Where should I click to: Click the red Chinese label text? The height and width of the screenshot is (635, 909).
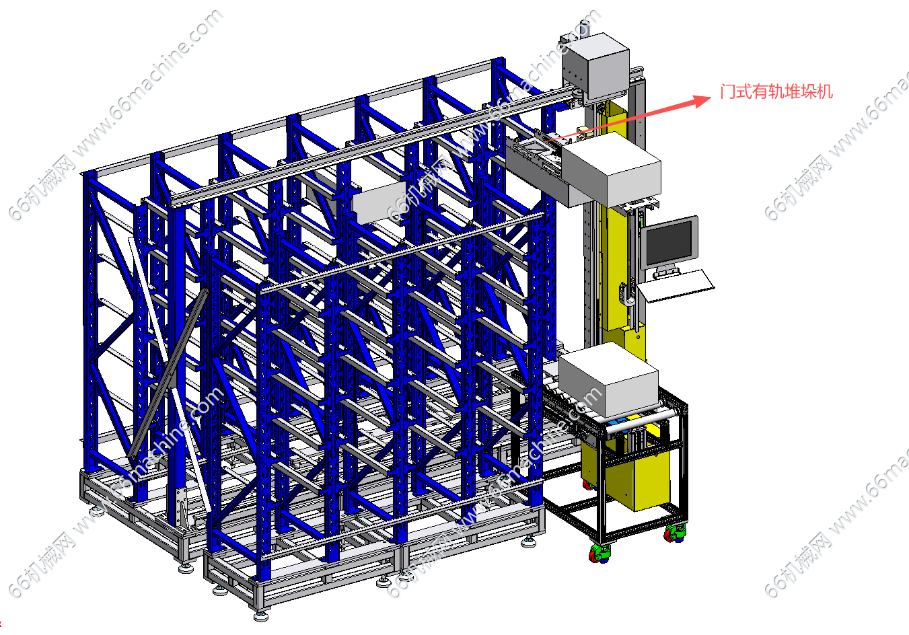coord(776,91)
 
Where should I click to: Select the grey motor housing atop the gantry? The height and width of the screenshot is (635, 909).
coord(595,68)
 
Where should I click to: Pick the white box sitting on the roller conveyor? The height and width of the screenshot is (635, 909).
coord(608,379)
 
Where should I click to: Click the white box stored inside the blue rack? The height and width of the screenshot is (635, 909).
coord(378,202)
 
